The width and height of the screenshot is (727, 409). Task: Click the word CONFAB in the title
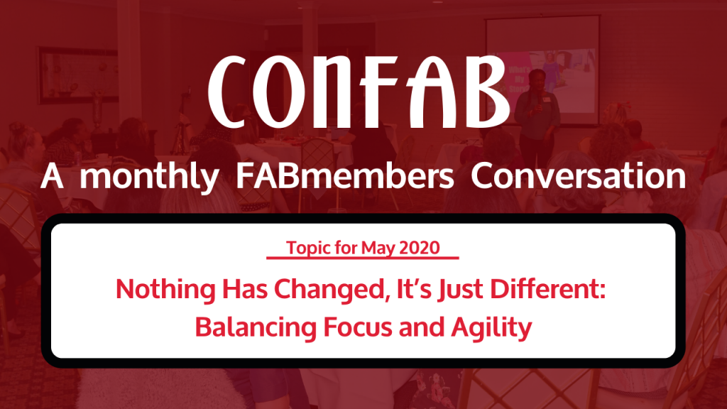pyautogui.click(x=359, y=92)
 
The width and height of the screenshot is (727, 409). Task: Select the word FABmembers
pyautogui.click(x=345, y=176)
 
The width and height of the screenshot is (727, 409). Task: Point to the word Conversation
pyautogui.click(x=578, y=176)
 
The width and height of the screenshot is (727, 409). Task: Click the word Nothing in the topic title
pyautogui.click(x=165, y=290)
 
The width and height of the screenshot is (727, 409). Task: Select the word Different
pyautogui.click(x=548, y=289)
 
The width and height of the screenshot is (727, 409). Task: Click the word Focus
pyautogui.click(x=359, y=327)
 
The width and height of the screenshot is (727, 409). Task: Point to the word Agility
pyautogui.click(x=491, y=328)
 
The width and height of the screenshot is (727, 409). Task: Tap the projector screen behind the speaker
pyautogui.click(x=542, y=70)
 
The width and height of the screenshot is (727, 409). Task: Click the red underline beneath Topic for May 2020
pyautogui.click(x=363, y=257)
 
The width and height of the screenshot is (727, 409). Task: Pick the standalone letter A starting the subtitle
pyautogui.click(x=52, y=176)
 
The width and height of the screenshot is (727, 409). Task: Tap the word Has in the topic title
pyautogui.click(x=245, y=289)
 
